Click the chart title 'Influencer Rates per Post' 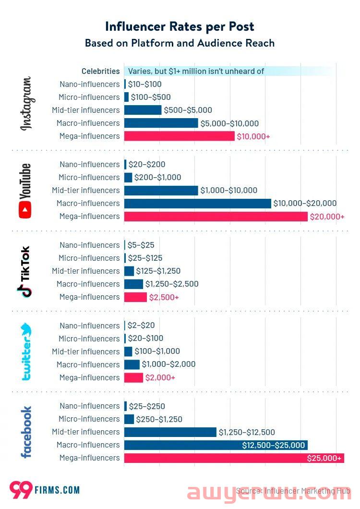coord(180,26)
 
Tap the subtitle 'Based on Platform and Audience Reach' coord(180,43)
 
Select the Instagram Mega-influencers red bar coord(179,136)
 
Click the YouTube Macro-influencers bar coord(197,203)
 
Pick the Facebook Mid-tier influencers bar coord(170,432)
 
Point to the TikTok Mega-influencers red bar coord(135,297)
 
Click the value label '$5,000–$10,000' coord(229,123)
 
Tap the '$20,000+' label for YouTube coord(327,217)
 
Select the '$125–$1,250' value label coord(158,271)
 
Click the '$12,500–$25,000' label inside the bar coord(273,445)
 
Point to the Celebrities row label coord(100,71)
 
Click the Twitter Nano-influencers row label coord(89,326)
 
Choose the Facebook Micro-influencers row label coord(89,419)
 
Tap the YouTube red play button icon coord(25,210)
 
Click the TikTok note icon coord(25,290)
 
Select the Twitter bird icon coord(26,330)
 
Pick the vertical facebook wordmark coord(25,432)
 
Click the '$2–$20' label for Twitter coord(141,326)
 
